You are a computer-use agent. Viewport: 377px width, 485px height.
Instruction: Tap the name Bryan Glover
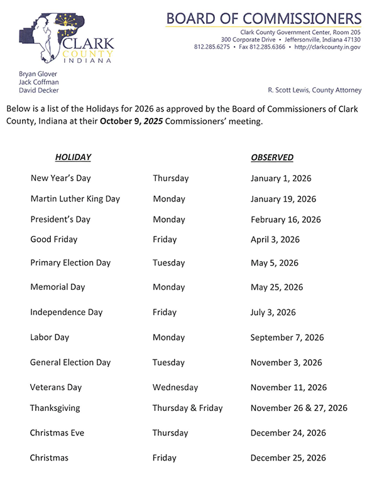[x=40, y=73]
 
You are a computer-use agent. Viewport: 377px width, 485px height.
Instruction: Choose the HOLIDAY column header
[x=73, y=157]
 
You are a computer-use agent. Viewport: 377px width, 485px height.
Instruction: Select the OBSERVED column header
[x=272, y=157]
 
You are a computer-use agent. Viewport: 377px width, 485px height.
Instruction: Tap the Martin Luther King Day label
[x=75, y=199]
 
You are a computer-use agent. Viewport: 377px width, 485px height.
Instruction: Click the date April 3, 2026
[x=275, y=239]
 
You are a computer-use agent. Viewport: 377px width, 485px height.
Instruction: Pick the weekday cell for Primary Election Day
[x=168, y=263]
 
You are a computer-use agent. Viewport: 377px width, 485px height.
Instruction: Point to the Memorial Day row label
[x=57, y=287]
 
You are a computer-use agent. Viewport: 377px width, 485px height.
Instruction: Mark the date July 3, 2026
[x=273, y=312]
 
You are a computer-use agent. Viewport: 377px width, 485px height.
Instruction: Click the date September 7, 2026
[x=287, y=337]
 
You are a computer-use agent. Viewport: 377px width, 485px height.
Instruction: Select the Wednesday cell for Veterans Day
[x=175, y=387]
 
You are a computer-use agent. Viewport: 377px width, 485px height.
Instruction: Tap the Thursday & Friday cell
[x=187, y=408]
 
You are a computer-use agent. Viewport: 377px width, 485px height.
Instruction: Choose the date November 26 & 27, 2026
[x=298, y=408]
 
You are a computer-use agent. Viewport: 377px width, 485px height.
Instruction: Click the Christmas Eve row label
[x=57, y=433]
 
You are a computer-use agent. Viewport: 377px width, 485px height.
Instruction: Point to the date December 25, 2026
[x=288, y=458]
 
